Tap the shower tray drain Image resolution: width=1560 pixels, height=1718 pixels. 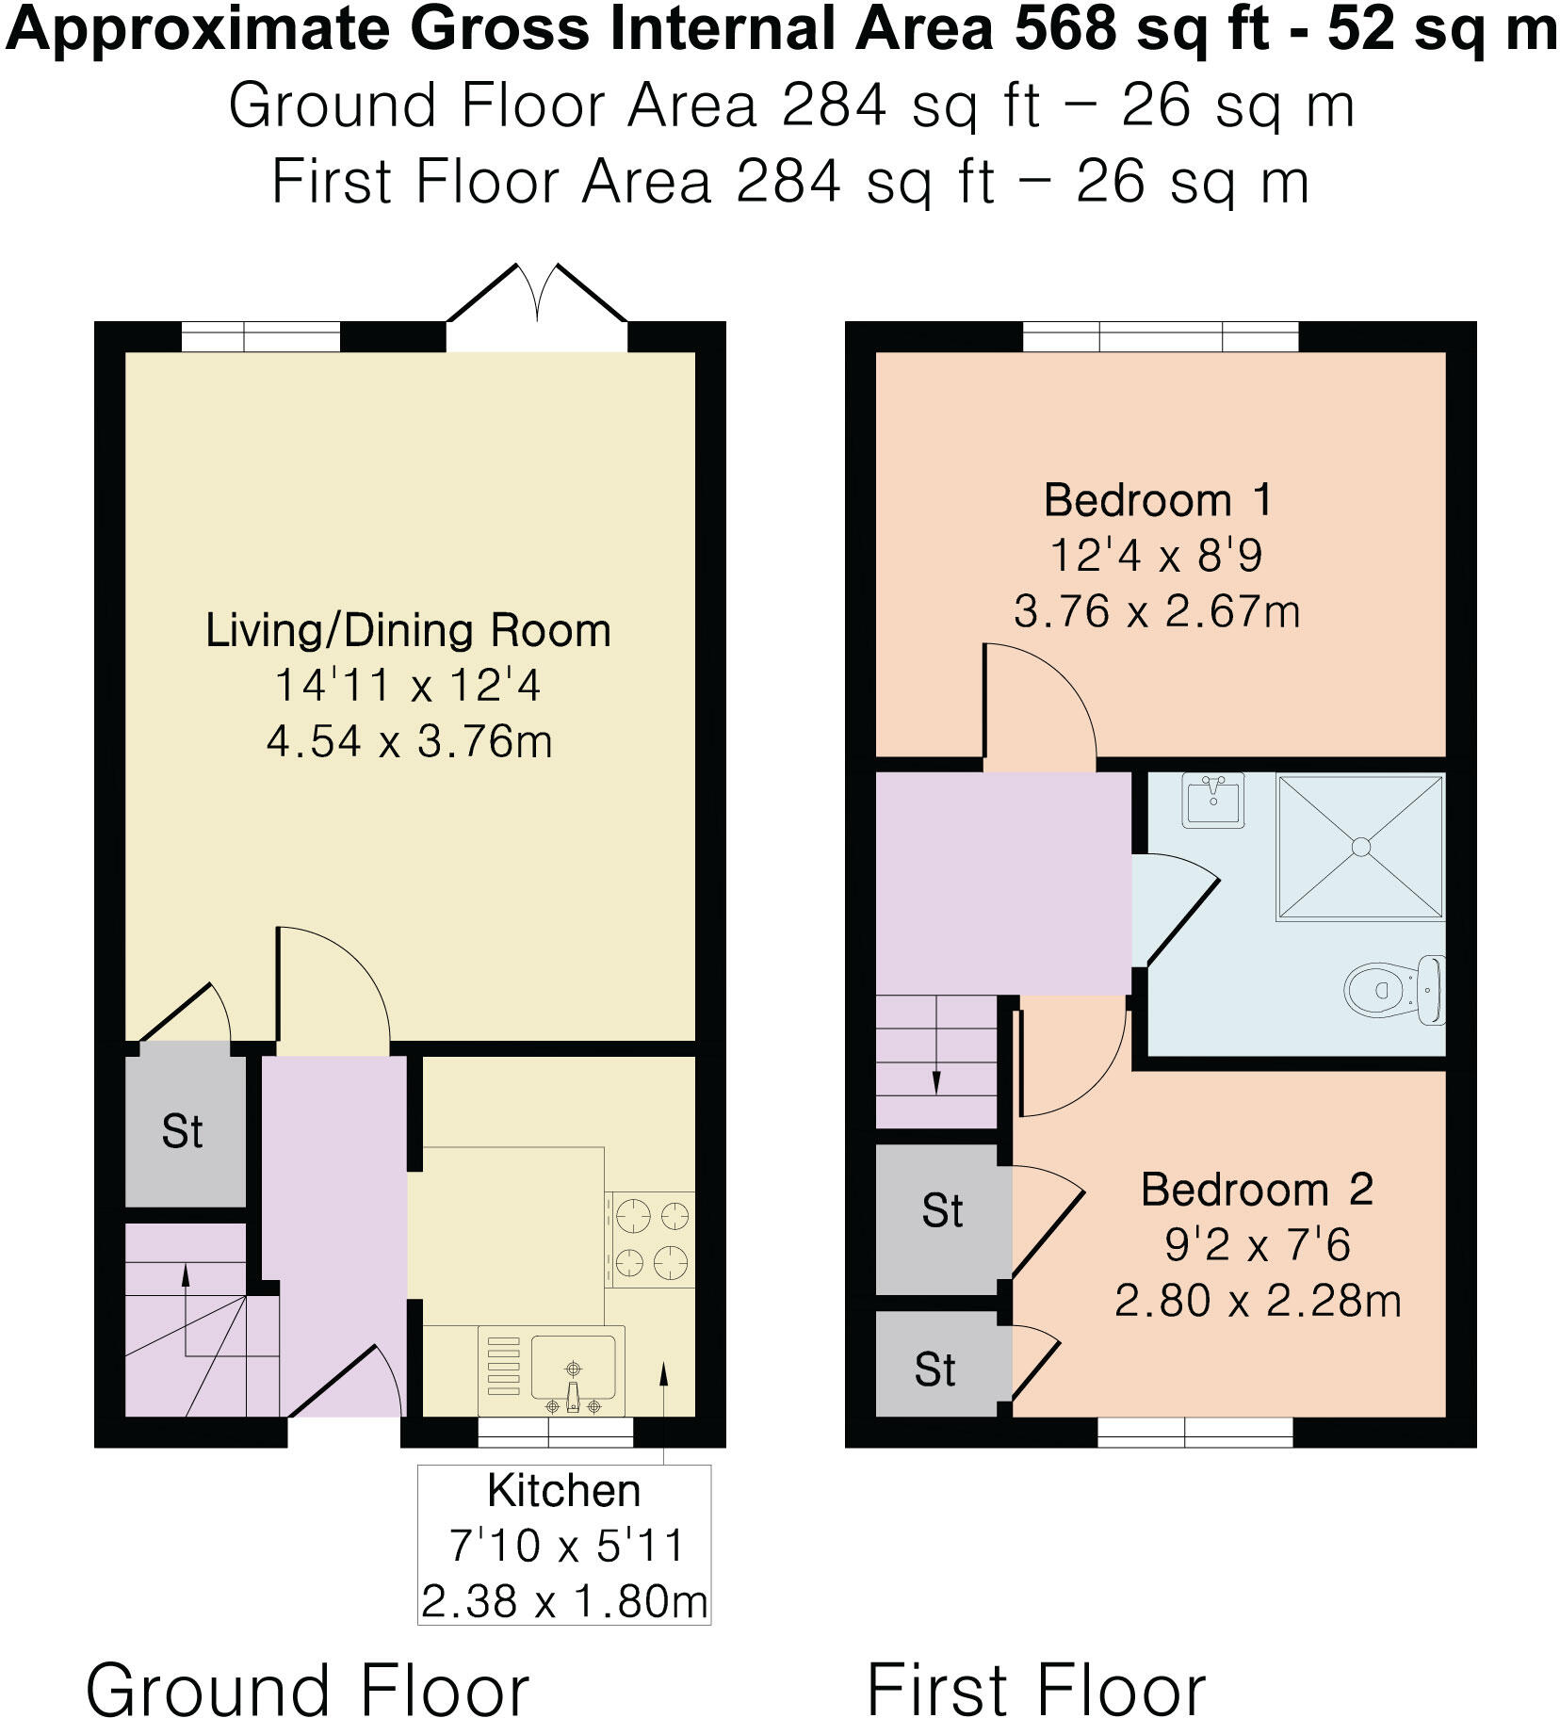[x=1360, y=847]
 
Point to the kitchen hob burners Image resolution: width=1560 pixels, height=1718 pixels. [x=651, y=1239]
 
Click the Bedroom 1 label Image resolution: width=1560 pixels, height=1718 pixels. [x=1158, y=500]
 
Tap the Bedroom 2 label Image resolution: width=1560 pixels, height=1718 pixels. [x=1257, y=1190]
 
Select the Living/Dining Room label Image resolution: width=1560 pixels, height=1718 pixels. [x=408, y=631]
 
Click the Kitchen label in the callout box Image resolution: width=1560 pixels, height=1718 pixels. [x=563, y=1491]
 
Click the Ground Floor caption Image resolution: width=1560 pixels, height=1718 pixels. [x=307, y=1664]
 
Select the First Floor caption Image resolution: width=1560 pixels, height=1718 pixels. [x=1035, y=1664]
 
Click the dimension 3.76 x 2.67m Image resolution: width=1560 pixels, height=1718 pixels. [x=1157, y=612]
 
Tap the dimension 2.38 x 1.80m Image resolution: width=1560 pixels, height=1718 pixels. [x=563, y=1601]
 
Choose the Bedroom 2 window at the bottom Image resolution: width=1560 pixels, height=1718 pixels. [x=1194, y=1433]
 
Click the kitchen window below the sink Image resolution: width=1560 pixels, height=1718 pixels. [x=555, y=1433]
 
